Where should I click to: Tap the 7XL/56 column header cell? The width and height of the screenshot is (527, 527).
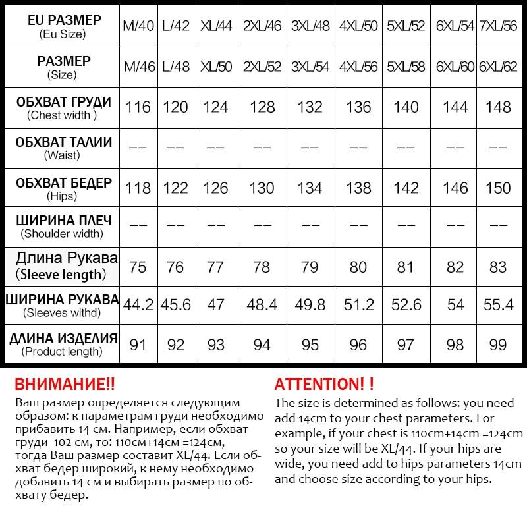(x=498, y=26)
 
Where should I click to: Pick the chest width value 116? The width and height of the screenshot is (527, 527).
(x=138, y=107)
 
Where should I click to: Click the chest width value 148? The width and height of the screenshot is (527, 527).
(x=498, y=107)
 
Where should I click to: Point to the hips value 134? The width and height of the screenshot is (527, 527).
(x=310, y=188)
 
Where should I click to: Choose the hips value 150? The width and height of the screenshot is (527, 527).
(x=498, y=188)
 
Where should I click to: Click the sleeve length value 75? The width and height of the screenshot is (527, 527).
(x=138, y=267)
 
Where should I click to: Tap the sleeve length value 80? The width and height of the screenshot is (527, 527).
(x=358, y=267)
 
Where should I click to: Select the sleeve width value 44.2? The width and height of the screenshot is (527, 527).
(x=138, y=305)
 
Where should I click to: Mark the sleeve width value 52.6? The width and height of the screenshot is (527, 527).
(x=406, y=305)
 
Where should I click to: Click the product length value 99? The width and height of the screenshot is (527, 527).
(x=498, y=344)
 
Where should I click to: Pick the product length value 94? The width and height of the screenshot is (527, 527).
(x=262, y=344)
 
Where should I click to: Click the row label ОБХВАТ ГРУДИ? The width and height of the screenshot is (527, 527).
(x=63, y=103)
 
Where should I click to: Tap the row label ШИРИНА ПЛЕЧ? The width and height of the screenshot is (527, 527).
(x=63, y=220)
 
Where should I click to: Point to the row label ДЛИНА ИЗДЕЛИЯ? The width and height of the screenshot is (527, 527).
(x=63, y=339)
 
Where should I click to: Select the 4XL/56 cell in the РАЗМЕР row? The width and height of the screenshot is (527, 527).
(x=358, y=67)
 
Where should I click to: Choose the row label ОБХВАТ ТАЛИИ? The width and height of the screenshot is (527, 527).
(x=63, y=142)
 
